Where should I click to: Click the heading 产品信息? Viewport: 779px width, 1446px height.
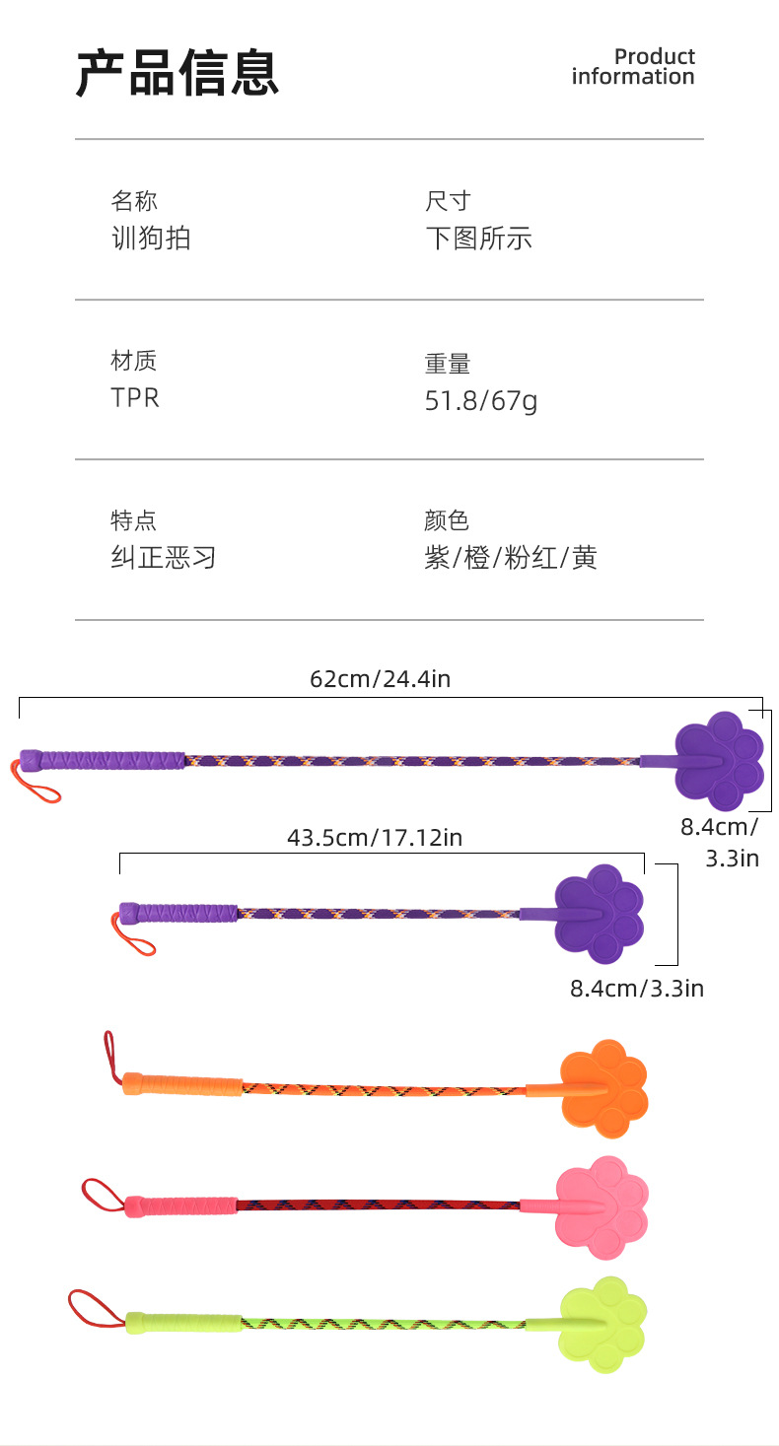[x=177, y=73]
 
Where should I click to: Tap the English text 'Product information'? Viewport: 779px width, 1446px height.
[x=633, y=67]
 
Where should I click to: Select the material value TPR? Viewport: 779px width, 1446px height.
[x=135, y=397]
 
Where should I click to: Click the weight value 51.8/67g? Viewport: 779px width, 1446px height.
[x=481, y=400]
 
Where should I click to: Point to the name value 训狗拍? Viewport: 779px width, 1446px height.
[x=151, y=238]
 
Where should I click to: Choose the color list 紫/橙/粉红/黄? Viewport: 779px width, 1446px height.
[x=511, y=558]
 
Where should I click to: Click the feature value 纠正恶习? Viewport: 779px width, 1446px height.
[x=164, y=558]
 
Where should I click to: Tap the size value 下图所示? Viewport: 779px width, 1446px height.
[x=479, y=238]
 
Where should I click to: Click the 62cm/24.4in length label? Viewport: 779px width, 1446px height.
[x=380, y=678]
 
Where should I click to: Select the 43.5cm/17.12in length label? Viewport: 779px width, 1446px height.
[x=375, y=838]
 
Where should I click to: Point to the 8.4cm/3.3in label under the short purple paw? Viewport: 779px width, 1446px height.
[x=637, y=988]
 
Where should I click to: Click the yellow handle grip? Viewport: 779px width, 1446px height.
[x=183, y=1321]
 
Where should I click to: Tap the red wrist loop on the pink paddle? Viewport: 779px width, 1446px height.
[x=101, y=1193]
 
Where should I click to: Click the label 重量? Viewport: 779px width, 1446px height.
[x=448, y=364]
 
